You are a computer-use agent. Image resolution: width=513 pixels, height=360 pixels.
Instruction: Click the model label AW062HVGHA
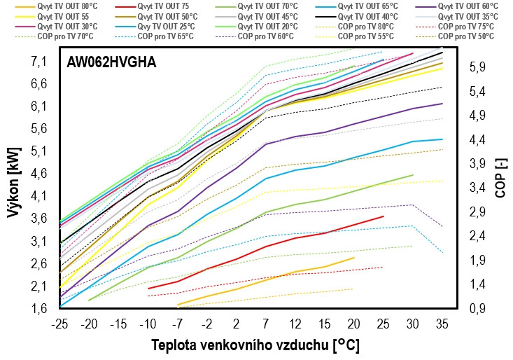[x=111, y=62]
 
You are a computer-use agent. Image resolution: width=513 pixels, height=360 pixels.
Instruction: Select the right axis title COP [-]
[x=500, y=179]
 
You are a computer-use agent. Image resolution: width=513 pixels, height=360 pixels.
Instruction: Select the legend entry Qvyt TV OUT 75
[x=169, y=6]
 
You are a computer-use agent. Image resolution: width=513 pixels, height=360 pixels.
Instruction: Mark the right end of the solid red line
[x=384, y=216]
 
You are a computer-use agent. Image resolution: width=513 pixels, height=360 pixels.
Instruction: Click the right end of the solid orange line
[x=354, y=258]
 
